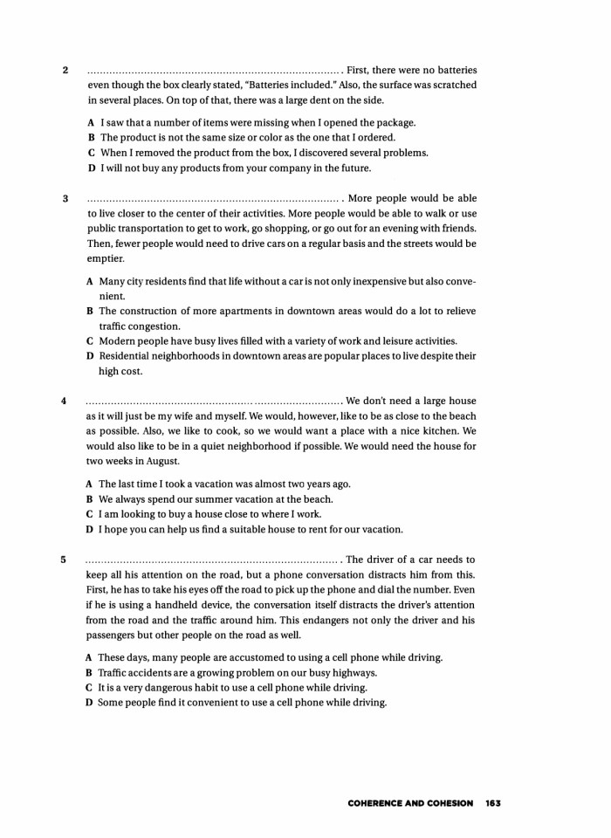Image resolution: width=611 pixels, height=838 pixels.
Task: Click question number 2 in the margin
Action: (65, 70)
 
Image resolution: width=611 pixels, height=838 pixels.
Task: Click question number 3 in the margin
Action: (65, 198)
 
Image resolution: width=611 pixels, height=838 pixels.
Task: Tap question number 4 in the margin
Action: (64, 401)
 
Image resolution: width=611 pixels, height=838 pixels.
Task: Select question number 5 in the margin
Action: (64, 560)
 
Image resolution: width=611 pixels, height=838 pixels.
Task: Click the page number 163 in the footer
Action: (493, 803)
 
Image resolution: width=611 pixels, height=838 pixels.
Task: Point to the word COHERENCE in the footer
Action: (377, 803)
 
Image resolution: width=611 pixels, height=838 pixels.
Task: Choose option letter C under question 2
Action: (91, 153)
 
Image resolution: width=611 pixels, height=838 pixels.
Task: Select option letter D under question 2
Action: (91, 168)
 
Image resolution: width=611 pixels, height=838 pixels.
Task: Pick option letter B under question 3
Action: (90, 311)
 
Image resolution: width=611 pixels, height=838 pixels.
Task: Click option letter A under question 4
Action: (90, 484)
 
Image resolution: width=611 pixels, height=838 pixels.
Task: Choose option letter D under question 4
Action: (90, 529)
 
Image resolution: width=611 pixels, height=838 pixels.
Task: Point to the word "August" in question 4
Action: (159, 461)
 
